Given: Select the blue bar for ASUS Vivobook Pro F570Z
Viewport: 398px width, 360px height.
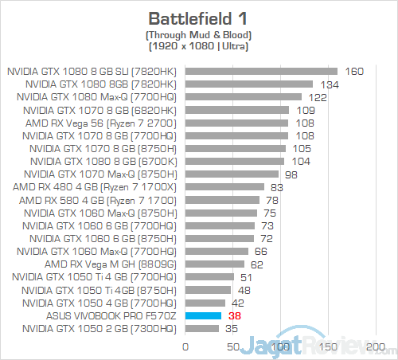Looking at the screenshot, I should point(203,315).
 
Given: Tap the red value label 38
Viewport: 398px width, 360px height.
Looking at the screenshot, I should point(234,315).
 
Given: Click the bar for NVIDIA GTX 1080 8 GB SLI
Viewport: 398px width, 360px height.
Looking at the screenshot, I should point(261,71).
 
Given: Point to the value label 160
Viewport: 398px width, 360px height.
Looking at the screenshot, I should point(354,71).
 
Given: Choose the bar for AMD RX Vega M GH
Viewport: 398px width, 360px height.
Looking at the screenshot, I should point(215,264).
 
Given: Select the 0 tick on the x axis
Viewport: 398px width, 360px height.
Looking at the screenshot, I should point(185,347).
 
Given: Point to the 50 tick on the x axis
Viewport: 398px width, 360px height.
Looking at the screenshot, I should point(233,347).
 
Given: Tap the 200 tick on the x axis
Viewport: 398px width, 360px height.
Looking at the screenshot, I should point(375,347).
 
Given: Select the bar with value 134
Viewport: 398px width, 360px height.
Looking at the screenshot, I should point(249,84).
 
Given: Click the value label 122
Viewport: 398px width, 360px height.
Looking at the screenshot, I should point(318,96).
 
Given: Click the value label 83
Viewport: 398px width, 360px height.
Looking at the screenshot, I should point(278,187).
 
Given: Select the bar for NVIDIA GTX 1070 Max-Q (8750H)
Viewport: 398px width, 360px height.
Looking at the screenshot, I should point(232,174).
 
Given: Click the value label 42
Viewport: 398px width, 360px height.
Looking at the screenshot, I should point(238,303).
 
